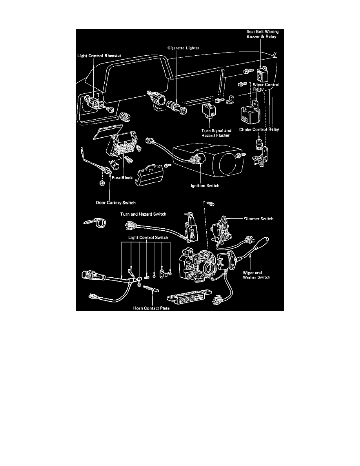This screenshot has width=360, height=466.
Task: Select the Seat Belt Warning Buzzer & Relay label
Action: pos(262,35)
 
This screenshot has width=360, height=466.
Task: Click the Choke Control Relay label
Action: pos(259,129)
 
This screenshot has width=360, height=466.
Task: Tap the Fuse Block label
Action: pos(122,177)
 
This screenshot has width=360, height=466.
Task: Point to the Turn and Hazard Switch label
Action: pos(144,214)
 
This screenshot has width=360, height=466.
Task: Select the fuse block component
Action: pos(125,149)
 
